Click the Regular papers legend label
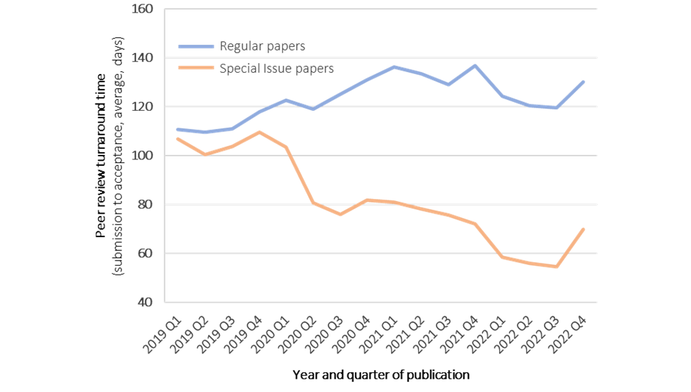262,46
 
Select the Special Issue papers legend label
276,69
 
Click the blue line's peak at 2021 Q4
476,65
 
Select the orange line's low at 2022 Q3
556,266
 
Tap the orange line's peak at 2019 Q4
259,132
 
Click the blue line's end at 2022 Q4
584,81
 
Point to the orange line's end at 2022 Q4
584,229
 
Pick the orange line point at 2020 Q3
340,214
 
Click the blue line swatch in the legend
196,46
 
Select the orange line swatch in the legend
196,69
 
